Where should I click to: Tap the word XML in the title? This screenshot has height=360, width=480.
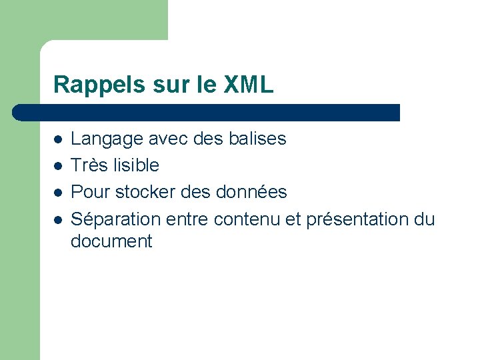pyautogui.click(x=249, y=85)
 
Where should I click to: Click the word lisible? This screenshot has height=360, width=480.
pyautogui.click(x=136, y=165)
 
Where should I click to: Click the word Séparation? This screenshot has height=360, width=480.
pyautogui.click(x=116, y=219)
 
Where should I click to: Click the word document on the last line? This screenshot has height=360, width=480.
pyautogui.click(x=111, y=241)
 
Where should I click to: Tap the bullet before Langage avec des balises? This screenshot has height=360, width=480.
pyautogui.click(x=59, y=140)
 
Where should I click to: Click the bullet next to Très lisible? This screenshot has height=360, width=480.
pyautogui.click(x=59, y=166)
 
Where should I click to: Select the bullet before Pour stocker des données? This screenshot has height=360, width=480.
pyautogui.click(x=59, y=193)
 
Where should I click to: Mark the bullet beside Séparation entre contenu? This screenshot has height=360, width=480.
pyautogui.click(x=59, y=219)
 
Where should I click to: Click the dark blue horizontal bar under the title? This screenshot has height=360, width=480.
pyautogui.click(x=207, y=113)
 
